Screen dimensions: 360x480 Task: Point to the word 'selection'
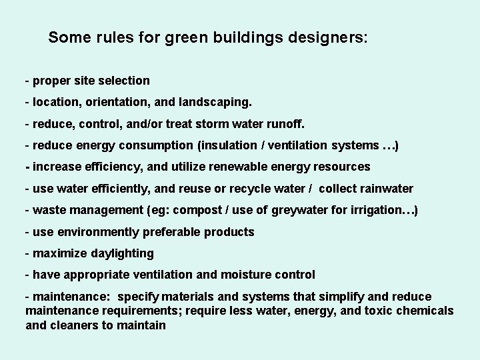click(125, 81)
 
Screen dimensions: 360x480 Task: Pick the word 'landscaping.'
click(213, 103)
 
